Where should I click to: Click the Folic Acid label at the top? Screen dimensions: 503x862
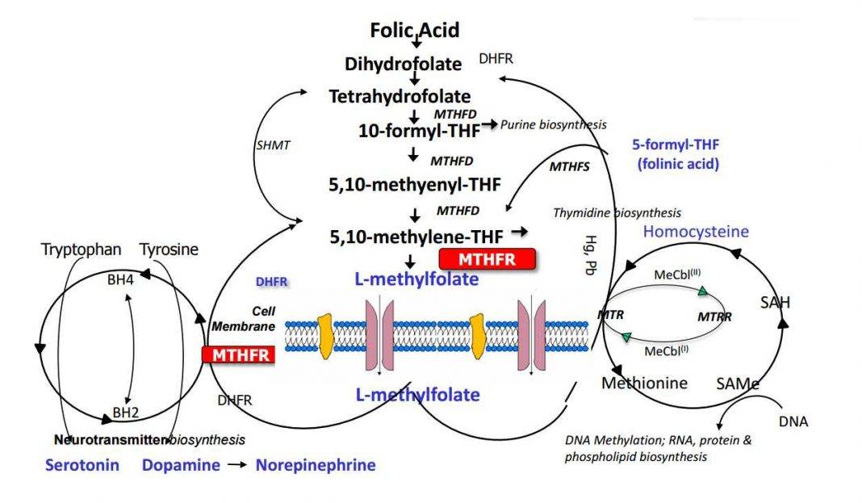(x=414, y=31)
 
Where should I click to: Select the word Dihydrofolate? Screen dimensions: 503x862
(x=414, y=64)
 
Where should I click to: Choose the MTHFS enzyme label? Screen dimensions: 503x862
(x=569, y=167)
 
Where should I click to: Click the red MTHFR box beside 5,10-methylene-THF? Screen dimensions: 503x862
(x=487, y=258)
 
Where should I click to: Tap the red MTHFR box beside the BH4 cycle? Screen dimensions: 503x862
(x=239, y=354)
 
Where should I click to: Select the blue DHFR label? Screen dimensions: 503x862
(x=271, y=282)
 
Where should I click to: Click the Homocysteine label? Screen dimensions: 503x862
(x=696, y=232)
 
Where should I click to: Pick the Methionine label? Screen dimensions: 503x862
(x=644, y=383)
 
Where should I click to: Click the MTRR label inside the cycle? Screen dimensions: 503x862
(x=714, y=316)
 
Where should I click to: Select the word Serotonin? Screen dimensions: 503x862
(x=82, y=465)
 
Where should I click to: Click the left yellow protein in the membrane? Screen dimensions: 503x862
(x=325, y=336)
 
